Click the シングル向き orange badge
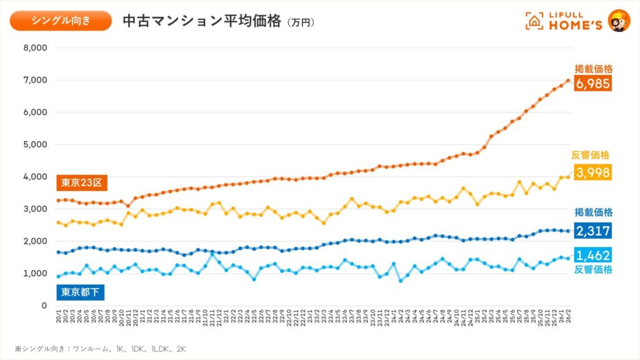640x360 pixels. click(61, 21)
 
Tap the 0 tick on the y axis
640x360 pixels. click(44, 306)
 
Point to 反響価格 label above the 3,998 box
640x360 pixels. click(591, 155)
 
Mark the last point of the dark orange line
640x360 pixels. click(567, 80)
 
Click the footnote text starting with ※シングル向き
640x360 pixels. click(101, 347)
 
